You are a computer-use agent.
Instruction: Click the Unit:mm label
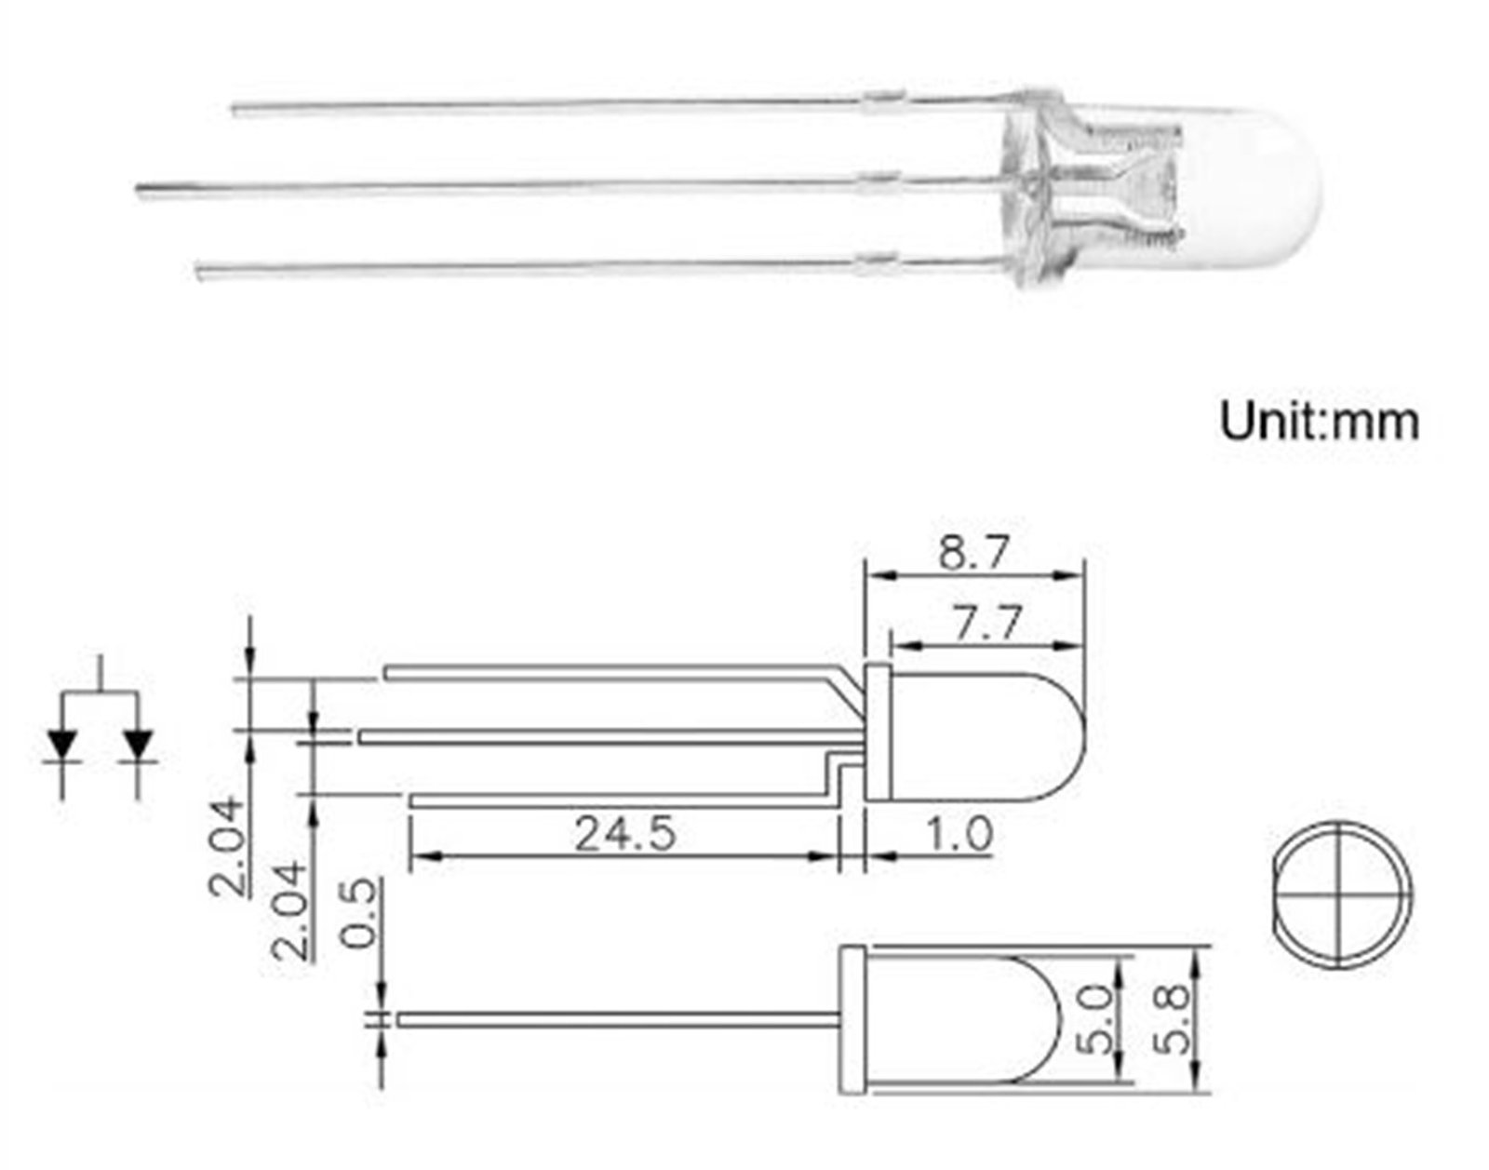point(1319,422)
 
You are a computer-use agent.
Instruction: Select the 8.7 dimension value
point(973,553)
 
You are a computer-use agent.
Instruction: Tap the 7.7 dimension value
point(987,623)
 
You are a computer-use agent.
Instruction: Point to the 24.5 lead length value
point(625,834)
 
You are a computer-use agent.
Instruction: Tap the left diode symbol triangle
point(62,744)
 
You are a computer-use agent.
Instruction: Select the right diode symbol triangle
point(138,744)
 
